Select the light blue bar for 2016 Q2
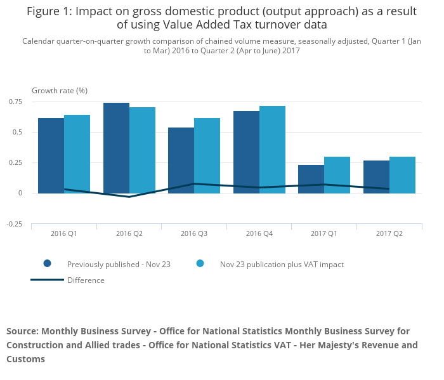click(x=142, y=150)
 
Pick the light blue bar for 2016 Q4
click(x=272, y=149)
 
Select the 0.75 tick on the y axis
click(x=15, y=102)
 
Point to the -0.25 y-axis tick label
click(x=14, y=224)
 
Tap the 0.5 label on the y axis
click(x=17, y=132)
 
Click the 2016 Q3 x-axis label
click(x=194, y=233)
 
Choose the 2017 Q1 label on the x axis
click(x=324, y=233)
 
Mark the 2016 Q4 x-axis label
click(x=259, y=233)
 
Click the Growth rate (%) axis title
click(x=60, y=91)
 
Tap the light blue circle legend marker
click(x=200, y=264)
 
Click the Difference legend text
click(x=86, y=280)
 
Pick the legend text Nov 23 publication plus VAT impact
click(x=282, y=264)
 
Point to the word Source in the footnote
click(x=22, y=331)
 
